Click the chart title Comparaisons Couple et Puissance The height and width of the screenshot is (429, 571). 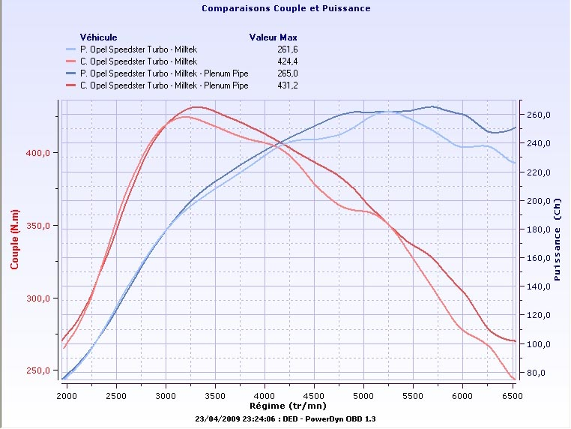285,9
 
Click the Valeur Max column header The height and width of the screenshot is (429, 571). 274,37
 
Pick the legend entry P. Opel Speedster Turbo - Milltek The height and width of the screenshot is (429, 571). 142,49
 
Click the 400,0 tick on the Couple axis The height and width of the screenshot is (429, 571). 39,153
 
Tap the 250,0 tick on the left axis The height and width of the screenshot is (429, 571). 39,370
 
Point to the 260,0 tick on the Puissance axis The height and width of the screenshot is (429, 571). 539,115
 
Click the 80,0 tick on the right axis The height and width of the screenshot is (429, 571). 541,373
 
